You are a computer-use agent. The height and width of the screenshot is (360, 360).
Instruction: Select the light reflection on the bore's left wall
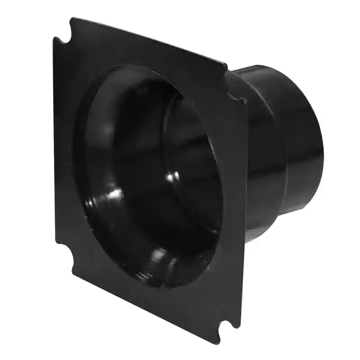pos(113,194)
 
